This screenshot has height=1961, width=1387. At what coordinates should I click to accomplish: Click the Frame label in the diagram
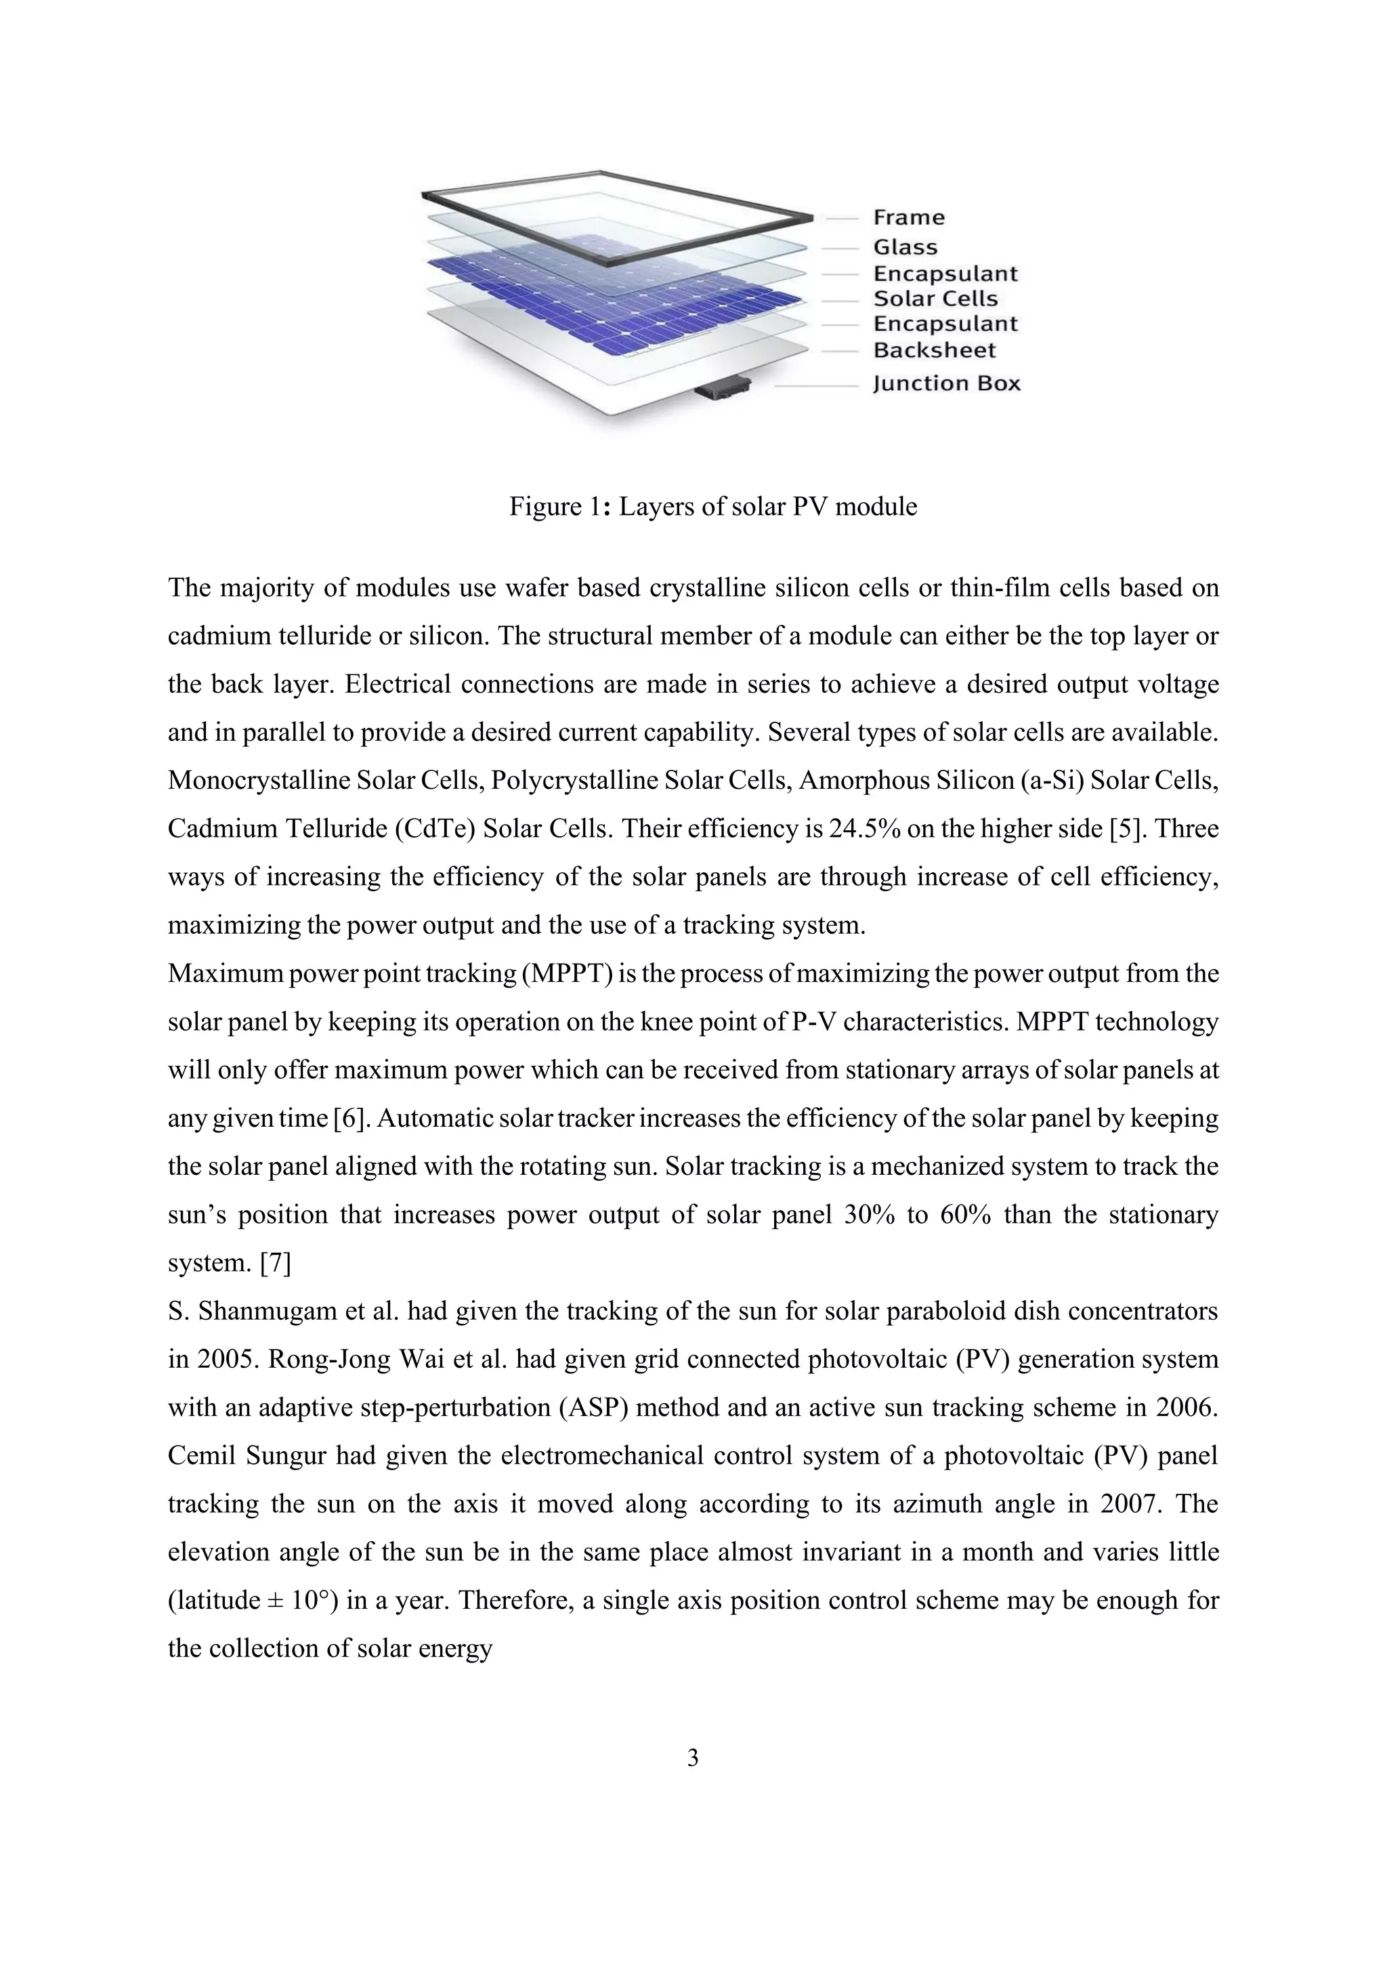coord(908,218)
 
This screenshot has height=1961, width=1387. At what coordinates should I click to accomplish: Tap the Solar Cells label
coord(935,299)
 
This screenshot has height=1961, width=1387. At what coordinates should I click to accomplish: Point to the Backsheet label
coord(935,350)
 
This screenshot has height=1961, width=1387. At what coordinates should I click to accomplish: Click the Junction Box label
coord(946,383)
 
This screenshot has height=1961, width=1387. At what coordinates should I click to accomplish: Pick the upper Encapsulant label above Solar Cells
coord(945,274)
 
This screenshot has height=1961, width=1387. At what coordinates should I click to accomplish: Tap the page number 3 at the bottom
coord(693,1758)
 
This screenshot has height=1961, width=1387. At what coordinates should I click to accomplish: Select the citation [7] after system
coord(275,1263)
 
